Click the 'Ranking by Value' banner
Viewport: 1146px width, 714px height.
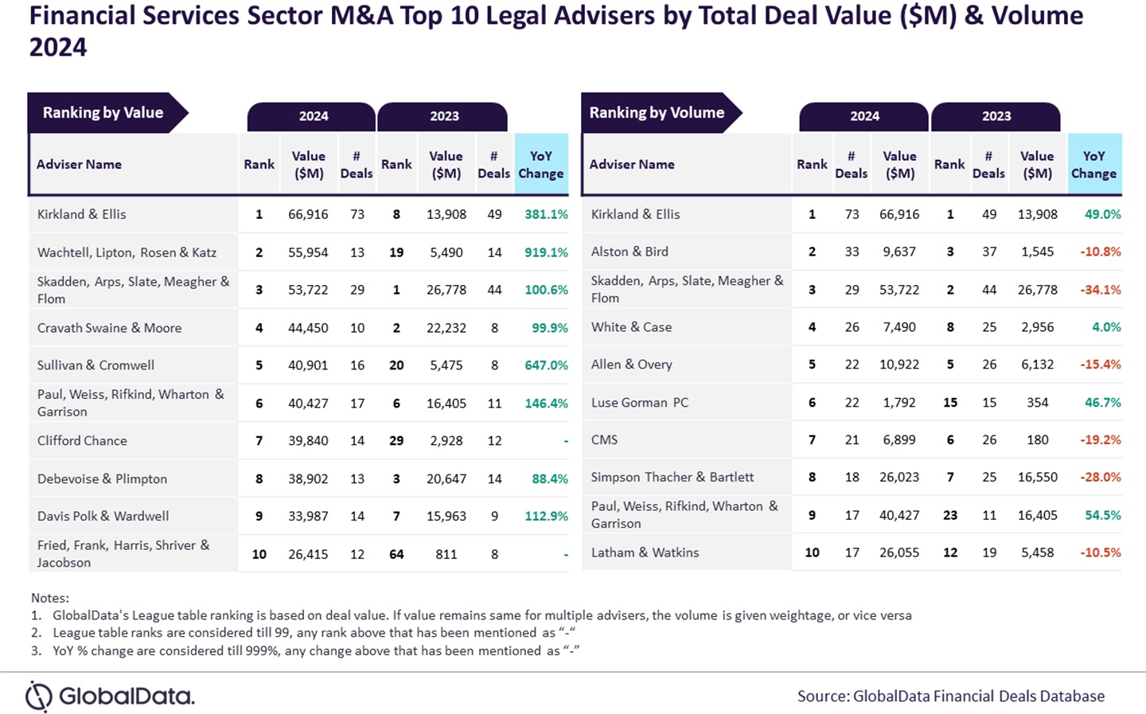103,113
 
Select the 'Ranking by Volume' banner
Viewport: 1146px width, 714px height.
657,113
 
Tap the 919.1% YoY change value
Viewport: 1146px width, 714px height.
546,252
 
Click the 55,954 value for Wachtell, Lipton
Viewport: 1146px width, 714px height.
308,252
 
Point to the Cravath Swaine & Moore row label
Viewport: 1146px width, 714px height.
109,328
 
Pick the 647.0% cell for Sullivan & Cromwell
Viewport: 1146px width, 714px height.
546,365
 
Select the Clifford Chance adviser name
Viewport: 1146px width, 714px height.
82,441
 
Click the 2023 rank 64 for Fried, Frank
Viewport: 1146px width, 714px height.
396,554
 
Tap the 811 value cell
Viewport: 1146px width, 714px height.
446,554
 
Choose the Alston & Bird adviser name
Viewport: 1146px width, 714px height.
630,252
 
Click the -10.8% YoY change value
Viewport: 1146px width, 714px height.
1100,252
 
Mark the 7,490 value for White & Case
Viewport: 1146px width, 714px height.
899,327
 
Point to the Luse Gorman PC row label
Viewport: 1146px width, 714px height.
639,403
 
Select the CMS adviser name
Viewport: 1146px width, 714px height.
604,440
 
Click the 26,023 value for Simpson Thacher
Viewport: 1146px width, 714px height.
899,478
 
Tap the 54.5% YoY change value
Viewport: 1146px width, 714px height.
1102,515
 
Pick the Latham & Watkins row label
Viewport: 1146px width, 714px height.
645,552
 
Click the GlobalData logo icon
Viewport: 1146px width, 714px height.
39,696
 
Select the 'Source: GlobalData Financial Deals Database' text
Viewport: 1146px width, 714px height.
951,696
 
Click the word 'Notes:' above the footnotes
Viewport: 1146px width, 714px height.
50,598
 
